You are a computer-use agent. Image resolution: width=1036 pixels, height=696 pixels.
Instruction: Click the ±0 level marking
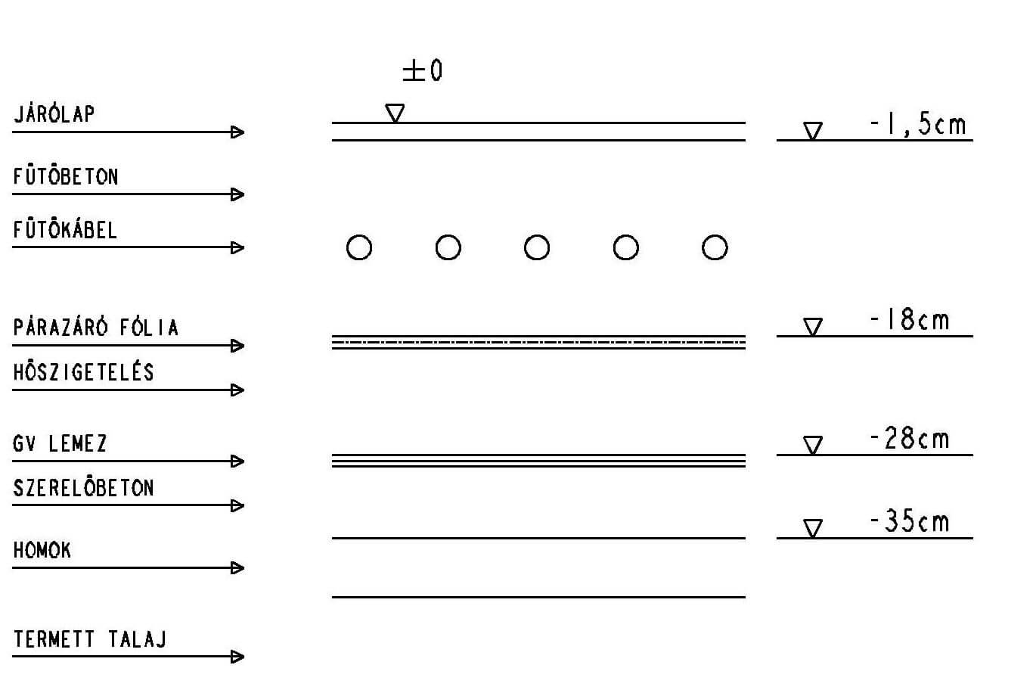click(422, 71)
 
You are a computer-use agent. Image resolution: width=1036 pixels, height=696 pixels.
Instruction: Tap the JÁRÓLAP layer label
click(54, 113)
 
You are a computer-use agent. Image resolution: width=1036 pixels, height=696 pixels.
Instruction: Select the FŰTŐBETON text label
click(66, 176)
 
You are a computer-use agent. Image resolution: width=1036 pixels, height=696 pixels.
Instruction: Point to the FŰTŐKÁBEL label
click(65, 229)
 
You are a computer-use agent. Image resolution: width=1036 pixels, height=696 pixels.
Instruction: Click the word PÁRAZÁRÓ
click(60, 327)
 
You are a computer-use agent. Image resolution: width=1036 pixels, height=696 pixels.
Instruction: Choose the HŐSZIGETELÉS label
click(83, 371)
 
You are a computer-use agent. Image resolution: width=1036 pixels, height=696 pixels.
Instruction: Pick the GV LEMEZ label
click(60, 443)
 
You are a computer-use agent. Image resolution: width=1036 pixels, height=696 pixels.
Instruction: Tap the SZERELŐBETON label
click(83, 487)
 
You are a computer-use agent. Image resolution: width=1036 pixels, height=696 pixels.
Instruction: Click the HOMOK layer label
click(42, 550)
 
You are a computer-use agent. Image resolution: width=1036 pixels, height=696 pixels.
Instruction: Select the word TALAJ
click(138, 639)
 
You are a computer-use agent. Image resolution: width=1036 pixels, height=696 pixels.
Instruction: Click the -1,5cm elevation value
click(918, 124)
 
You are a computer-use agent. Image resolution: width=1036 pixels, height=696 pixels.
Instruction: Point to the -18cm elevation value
click(909, 319)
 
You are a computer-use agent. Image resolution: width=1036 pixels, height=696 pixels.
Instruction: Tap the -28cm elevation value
click(909, 438)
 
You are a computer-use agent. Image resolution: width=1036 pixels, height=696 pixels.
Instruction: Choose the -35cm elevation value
click(909, 521)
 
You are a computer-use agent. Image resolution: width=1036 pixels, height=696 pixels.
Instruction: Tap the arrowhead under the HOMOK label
click(237, 568)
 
